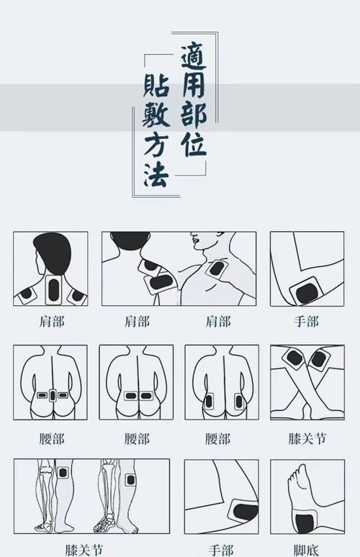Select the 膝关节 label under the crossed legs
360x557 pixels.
pyautogui.click(x=307, y=438)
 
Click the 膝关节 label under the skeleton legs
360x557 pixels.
pyautogui.click(x=83, y=548)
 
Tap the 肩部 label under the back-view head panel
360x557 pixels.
pyautogui.click(x=52, y=322)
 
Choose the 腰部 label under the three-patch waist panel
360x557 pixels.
pyautogui.click(x=52, y=438)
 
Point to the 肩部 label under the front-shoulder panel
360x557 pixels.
pyautogui.click(x=218, y=322)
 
